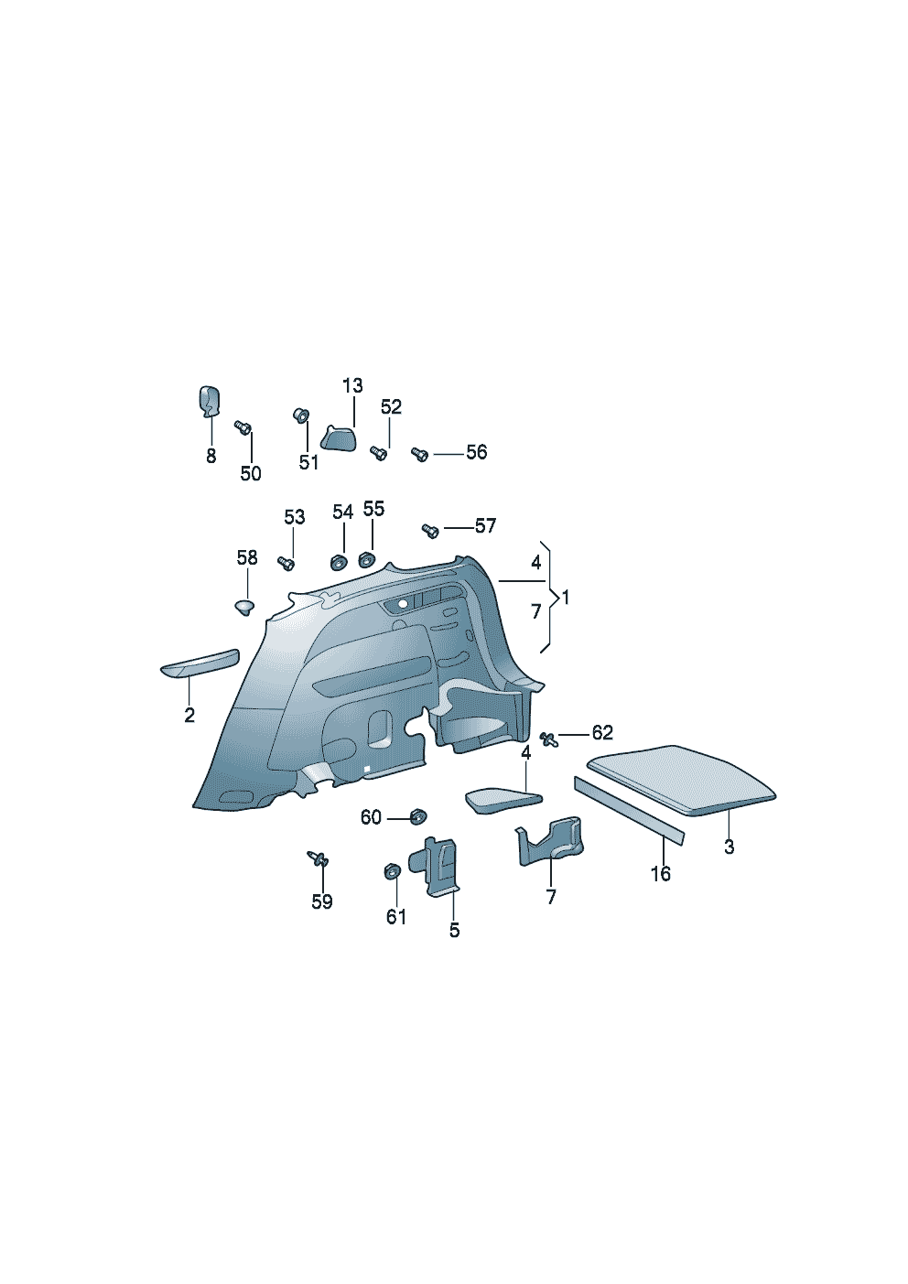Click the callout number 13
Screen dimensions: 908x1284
353,385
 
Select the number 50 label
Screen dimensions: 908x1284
251,473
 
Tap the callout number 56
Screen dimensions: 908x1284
476,452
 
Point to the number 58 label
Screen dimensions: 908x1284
247,557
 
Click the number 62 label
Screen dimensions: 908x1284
602,732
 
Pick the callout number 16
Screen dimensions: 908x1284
660,874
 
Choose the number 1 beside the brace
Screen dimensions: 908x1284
566,598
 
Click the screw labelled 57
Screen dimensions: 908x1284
430,532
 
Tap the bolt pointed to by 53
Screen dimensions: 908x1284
286,564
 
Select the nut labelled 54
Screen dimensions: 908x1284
339,563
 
